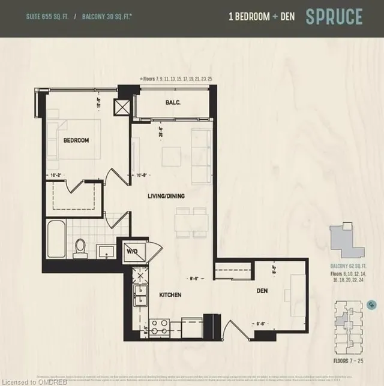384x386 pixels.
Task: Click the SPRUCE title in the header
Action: (x=334, y=17)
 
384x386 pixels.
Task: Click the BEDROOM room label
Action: (x=76, y=140)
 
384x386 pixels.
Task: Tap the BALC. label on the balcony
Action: (x=173, y=102)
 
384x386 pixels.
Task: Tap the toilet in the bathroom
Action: (x=80, y=249)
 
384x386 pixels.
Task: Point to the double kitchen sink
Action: (x=140, y=294)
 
